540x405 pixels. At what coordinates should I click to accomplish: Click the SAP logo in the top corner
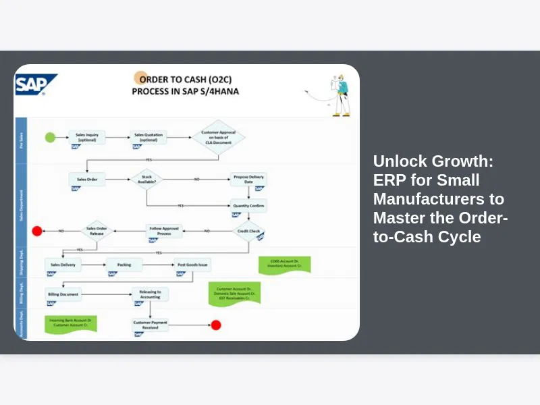pyautogui.click(x=36, y=84)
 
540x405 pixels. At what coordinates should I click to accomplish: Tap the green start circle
pyautogui.click(x=50, y=137)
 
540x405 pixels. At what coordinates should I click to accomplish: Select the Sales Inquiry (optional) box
pyautogui.click(x=86, y=136)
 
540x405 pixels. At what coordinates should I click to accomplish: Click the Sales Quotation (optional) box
pyautogui.click(x=148, y=136)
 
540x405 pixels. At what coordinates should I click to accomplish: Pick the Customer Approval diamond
pyautogui.click(x=217, y=137)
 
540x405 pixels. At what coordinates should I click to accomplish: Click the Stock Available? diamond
pyautogui.click(x=146, y=179)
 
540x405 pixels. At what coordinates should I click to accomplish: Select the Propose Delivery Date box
pyautogui.click(x=248, y=179)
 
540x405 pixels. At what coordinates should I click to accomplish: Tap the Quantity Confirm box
pyautogui.click(x=248, y=205)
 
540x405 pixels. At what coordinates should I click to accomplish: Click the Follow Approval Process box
pyautogui.click(x=165, y=230)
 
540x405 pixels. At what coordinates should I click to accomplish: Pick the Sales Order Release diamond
pyautogui.click(x=97, y=230)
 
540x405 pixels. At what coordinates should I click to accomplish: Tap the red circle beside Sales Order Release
pyautogui.click(x=38, y=231)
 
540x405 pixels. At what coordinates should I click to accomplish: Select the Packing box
pyautogui.click(x=124, y=265)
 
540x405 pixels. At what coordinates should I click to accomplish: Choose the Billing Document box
pyautogui.click(x=63, y=294)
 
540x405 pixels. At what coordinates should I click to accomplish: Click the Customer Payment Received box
pyautogui.click(x=150, y=325)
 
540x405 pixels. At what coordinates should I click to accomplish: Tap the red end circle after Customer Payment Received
pyautogui.click(x=216, y=325)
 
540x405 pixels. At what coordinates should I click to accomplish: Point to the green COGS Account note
pyautogui.click(x=284, y=264)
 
